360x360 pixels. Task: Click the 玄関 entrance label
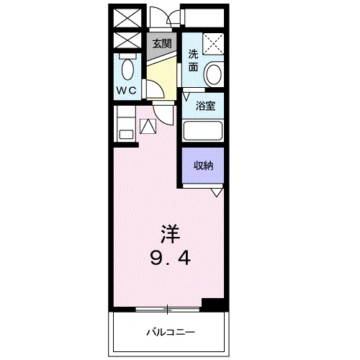pyautogui.click(x=161, y=42)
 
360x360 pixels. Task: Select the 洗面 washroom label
pyautogui.click(x=193, y=60)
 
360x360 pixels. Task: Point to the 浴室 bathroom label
pyautogui.click(x=206, y=107)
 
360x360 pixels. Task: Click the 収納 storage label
pyautogui.click(x=202, y=165)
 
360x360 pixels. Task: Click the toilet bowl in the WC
pyautogui.click(x=127, y=71)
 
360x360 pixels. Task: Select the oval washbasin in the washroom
pyautogui.click(x=213, y=73)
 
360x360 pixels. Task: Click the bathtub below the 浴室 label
pyautogui.click(x=202, y=132)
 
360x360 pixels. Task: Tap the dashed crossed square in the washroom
pyautogui.click(x=212, y=44)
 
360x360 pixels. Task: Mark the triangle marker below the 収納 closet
pyautogui.click(x=216, y=193)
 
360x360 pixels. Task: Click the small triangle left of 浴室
pyautogui.click(x=186, y=96)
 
